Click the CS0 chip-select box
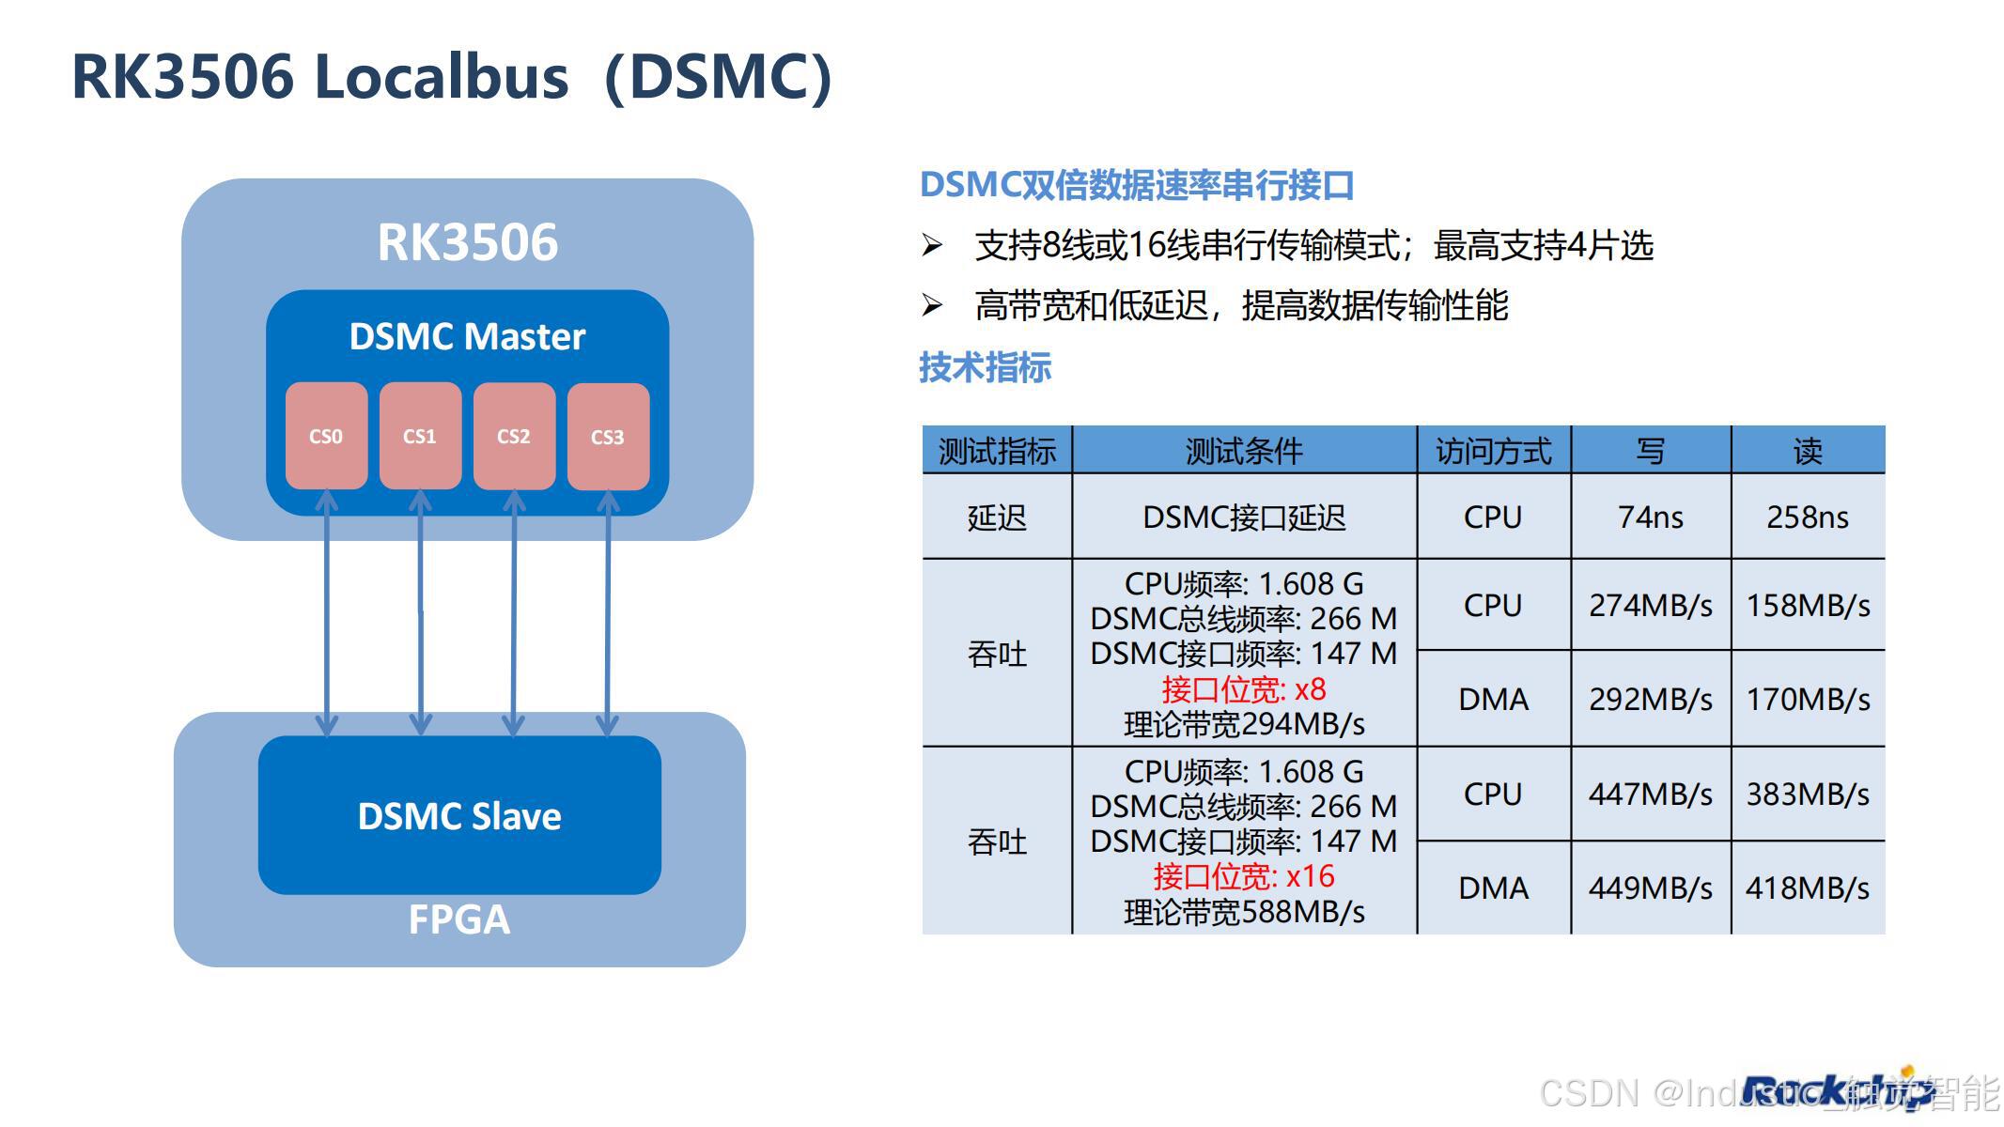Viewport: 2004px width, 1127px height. pos(326,436)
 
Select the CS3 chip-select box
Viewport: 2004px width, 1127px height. pos(608,437)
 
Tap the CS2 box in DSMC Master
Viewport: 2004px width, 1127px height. pos(514,436)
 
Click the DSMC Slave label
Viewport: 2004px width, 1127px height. pos(459,816)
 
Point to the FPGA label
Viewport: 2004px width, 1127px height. pos(459,919)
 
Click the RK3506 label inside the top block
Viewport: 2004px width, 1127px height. pos(467,242)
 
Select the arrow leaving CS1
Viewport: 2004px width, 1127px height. pos(420,610)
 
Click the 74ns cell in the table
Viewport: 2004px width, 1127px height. pos(1650,517)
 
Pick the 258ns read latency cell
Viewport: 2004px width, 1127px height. pos(1807,517)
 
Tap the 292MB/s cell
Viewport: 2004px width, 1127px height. pos(1650,699)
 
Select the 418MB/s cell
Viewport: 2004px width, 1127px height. pos(1807,888)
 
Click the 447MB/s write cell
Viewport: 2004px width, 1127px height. pos(1650,795)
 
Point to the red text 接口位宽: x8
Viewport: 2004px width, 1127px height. pos(1243,689)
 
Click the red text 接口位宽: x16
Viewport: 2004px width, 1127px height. pos(1243,876)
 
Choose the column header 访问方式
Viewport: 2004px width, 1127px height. pos(1493,451)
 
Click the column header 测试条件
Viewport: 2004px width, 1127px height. pos(1243,451)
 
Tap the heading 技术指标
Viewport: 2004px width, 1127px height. pos(985,367)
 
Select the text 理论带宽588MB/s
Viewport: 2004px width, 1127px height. pos(1243,912)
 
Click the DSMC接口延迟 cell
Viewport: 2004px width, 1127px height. pos(1243,517)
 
